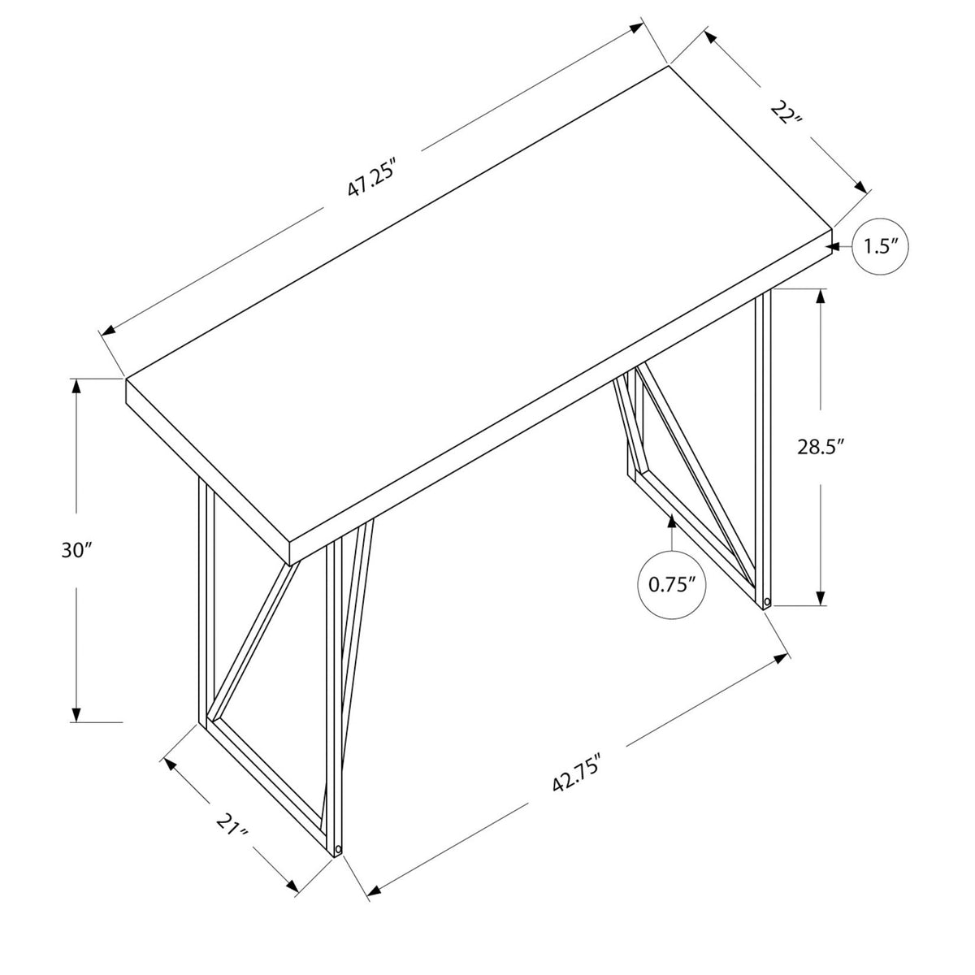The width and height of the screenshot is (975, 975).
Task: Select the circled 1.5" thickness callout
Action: click(881, 247)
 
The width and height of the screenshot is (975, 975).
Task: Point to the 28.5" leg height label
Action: click(821, 447)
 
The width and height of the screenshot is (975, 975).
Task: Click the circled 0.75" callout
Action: click(671, 584)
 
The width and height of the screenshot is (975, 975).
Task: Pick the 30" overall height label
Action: click(76, 550)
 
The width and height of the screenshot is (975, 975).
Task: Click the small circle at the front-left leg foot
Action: click(339, 848)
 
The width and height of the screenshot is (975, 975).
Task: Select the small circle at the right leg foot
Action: click(767, 602)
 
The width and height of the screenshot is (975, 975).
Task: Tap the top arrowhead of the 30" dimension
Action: click(76, 387)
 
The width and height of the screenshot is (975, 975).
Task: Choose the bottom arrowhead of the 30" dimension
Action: click(76, 714)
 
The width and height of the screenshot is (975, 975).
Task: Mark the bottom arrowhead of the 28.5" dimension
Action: click(821, 597)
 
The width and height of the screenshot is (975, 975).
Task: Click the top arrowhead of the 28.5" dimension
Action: click(821, 297)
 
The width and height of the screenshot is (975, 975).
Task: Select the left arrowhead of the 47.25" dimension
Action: click(108, 331)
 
